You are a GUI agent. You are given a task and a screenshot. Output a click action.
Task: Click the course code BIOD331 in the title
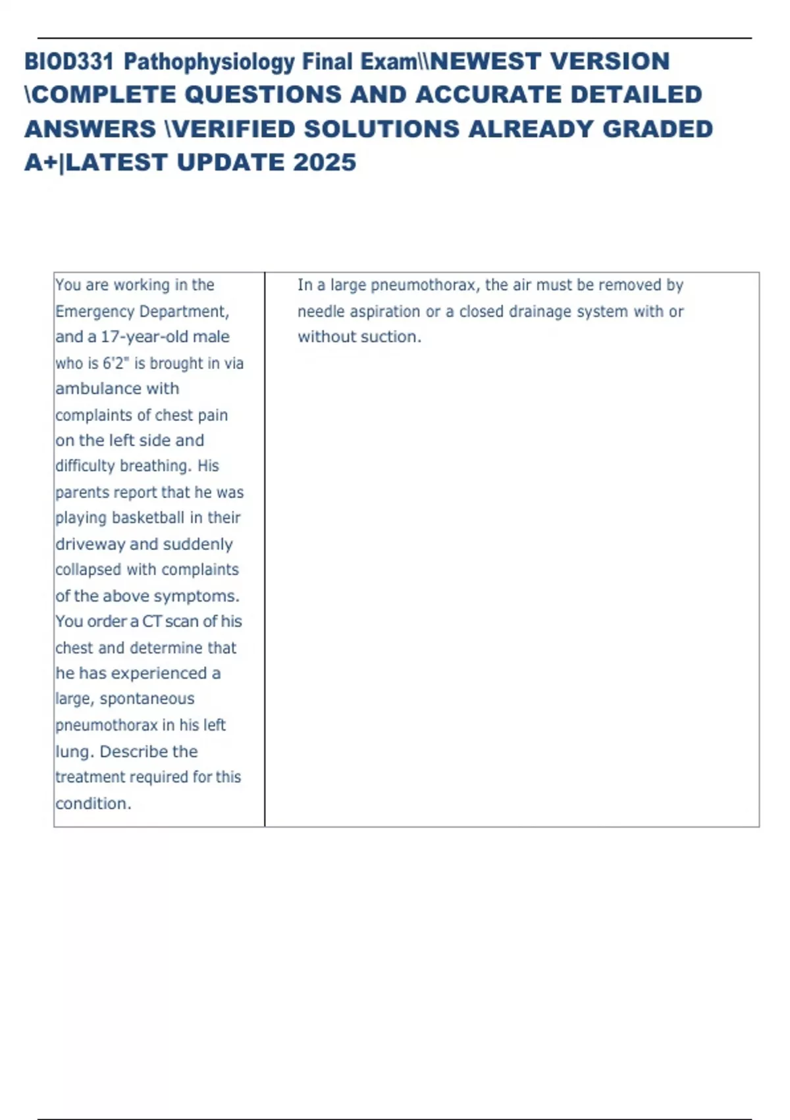click(69, 62)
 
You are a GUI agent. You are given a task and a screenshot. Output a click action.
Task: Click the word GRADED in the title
click(658, 129)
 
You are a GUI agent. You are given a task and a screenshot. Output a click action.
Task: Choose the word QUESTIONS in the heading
click(265, 95)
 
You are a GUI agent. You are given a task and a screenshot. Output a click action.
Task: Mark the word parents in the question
click(82, 492)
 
